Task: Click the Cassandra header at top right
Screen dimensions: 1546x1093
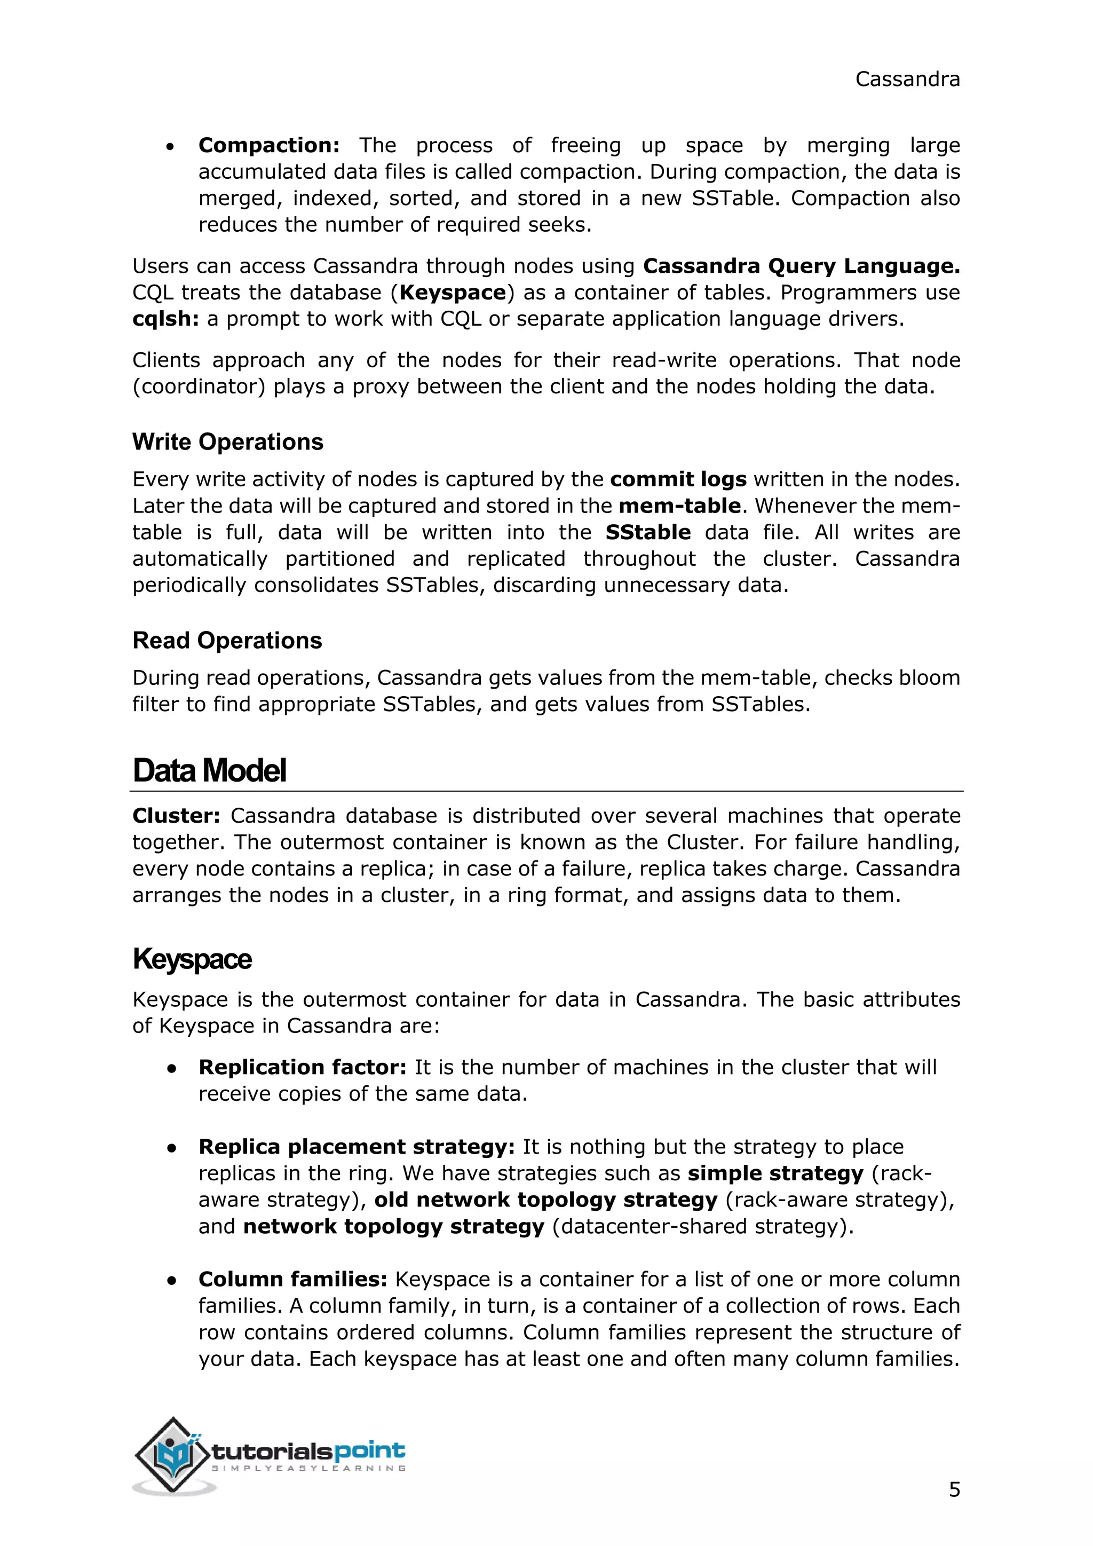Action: tap(907, 80)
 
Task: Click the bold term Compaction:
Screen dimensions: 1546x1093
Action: tap(268, 145)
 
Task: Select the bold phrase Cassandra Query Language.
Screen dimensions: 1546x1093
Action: tap(801, 266)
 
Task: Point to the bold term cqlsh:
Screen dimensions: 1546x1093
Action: tap(165, 319)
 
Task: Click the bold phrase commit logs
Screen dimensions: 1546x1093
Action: tap(678, 479)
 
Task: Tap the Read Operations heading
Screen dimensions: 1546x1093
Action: tap(227, 641)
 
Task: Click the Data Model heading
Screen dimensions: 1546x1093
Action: tap(209, 771)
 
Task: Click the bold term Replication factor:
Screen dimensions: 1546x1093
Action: tap(302, 1068)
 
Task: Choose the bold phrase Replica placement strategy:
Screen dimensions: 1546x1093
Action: tap(356, 1147)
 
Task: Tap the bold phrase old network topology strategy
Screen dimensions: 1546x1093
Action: tap(546, 1201)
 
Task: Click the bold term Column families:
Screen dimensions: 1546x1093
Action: tap(293, 1280)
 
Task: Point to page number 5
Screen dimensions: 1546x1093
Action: tap(954, 1489)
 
